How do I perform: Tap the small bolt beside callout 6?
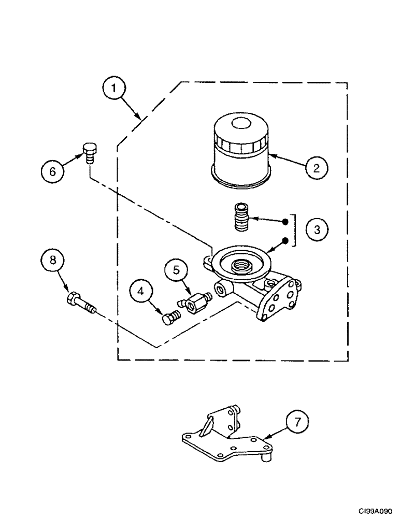click(89, 152)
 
